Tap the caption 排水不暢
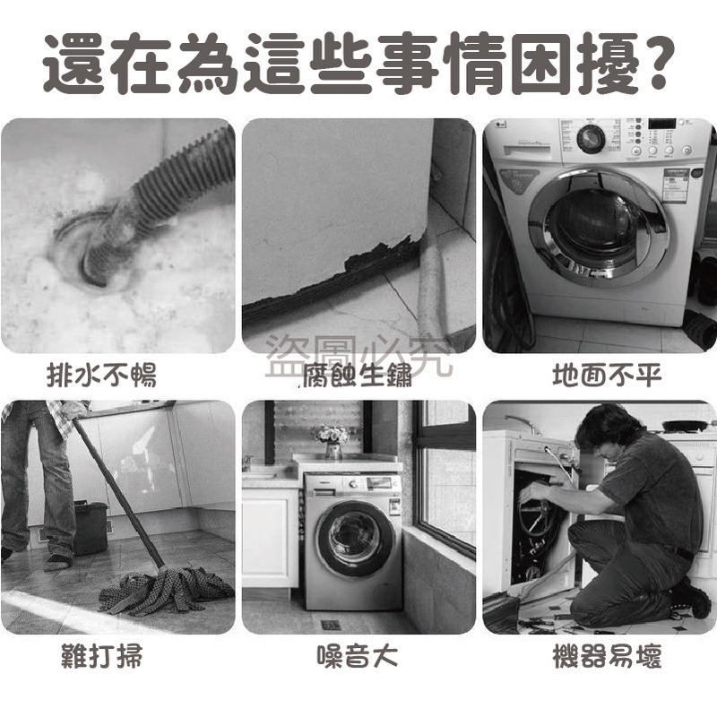point(101,376)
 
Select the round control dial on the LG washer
point(591,138)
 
